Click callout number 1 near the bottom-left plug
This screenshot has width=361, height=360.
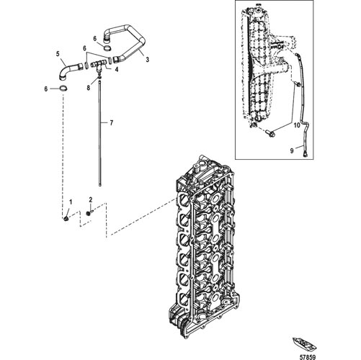coord(71,202)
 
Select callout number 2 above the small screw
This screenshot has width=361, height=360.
coord(91,199)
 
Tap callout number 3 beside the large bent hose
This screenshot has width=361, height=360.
coord(148,59)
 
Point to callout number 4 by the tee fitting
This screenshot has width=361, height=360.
coord(117,70)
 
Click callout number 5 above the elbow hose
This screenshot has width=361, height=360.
coord(58,54)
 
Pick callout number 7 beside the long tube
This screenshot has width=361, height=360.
coord(111,123)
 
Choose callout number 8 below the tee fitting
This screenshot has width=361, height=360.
coord(89,88)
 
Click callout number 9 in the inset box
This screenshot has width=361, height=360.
coord(292,150)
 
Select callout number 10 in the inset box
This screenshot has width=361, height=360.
coord(297,125)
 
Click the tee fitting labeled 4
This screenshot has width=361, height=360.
coord(99,66)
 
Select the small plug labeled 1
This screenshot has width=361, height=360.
coord(66,218)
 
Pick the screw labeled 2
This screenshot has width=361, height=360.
coord(89,212)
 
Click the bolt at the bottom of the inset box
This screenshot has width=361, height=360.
coord(269,132)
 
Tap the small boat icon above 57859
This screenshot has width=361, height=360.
coord(303,343)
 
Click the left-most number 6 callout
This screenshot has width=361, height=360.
coord(45,89)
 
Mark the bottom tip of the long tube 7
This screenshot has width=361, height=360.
coord(100,185)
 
